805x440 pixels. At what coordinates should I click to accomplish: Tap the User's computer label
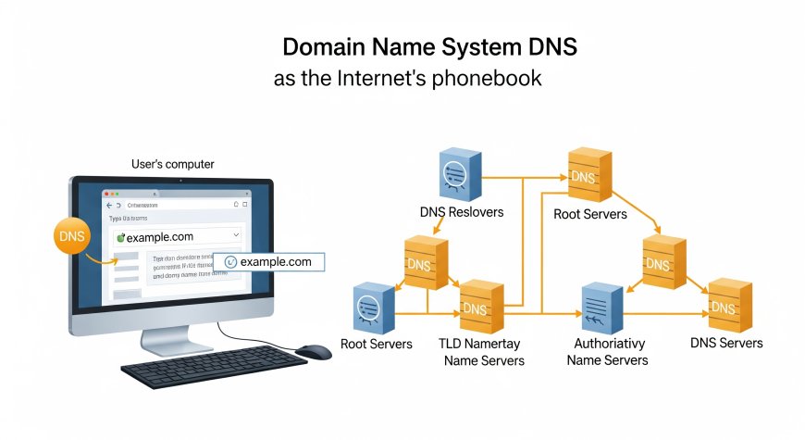[x=173, y=164]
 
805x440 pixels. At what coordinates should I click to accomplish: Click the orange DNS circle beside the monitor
[x=72, y=235]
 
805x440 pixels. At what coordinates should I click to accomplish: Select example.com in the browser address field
[x=160, y=237]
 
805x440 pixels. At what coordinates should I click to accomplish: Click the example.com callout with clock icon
[x=269, y=262]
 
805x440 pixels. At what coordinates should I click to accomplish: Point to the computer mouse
[x=313, y=351]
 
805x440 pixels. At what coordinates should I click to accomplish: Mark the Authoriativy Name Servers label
[x=607, y=351]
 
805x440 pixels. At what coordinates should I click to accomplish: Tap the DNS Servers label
[x=726, y=343]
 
